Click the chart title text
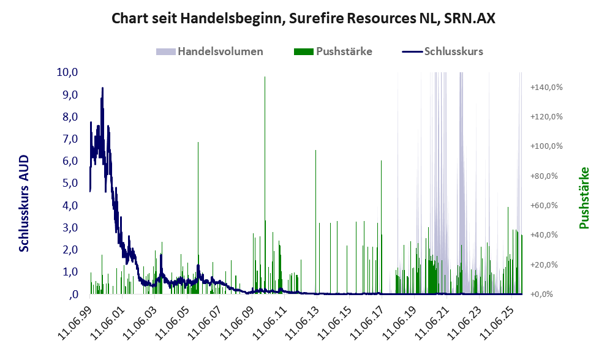click(x=303, y=18)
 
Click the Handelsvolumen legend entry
click(x=220, y=51)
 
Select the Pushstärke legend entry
click(x=344, y=51)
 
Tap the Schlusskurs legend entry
click(x=453, y=51)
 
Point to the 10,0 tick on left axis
click(x=67, y=72)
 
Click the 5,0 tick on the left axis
click(x=69, y=183)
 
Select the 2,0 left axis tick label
click(x=69, y=250)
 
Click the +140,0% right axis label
click(x=547, y=88)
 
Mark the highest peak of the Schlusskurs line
click(x=102, y=88)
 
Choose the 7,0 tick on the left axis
click(x=69, y=139)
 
